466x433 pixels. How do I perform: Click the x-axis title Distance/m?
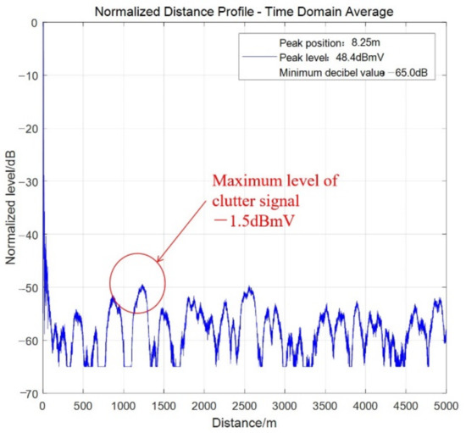coord(244,421)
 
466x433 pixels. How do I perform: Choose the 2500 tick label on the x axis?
coord(245,405)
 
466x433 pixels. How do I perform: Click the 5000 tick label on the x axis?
coord(446,405)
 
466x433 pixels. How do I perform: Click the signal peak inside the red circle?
coord(142,286)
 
